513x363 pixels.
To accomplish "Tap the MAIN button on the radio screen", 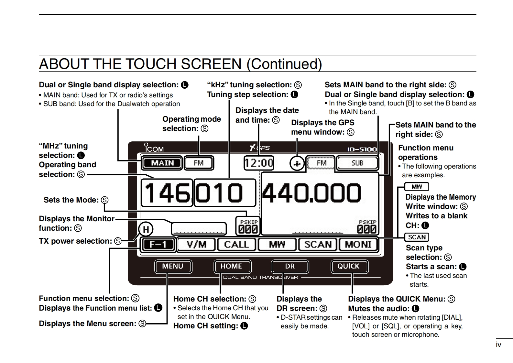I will point(162,163).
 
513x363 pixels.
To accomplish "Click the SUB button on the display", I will point(357,163).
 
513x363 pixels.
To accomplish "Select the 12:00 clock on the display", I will point(259,163).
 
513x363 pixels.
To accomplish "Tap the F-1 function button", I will point(158,244).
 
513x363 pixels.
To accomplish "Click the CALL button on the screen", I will point(236,244).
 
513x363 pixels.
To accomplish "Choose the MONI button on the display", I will point(358,244).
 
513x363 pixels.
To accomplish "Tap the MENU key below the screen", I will point(173,266).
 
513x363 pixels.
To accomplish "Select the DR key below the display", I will point(290,266).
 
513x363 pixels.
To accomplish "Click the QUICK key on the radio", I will point(348,266).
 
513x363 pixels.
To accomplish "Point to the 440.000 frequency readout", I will point(311,193).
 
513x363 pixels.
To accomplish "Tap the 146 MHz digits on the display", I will point(167,193).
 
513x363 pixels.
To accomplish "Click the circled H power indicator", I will point(146,229).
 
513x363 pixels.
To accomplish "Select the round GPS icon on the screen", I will point(297,164).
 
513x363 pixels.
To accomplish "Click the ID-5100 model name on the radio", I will point(362,149).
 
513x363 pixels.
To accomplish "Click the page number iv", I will point(498,345).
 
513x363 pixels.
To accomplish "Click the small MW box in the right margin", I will point(417,187).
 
